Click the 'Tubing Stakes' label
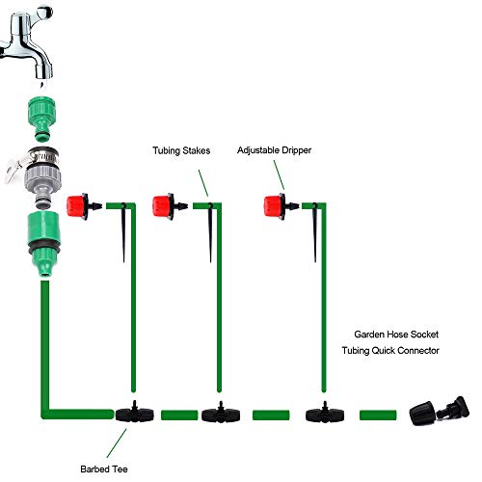click(181, 151)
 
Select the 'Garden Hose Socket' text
click(395, 333)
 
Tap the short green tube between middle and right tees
click(269, 415)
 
